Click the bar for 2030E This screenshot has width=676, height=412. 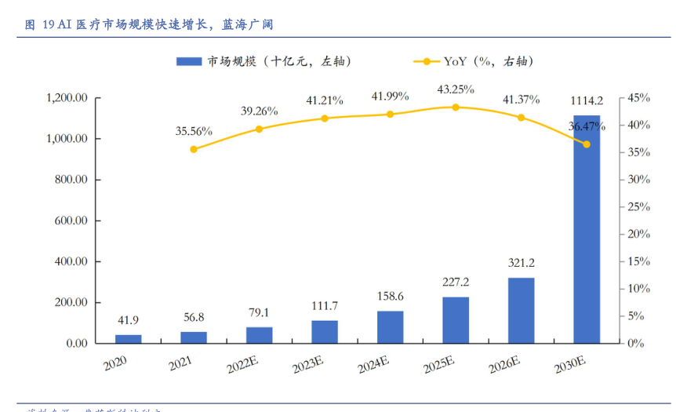(x=587, y=229)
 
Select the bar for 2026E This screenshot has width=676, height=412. (x=521, y=310)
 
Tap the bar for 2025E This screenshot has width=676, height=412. (x=456, y=319)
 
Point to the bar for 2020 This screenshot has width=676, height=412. (x=129, y=338)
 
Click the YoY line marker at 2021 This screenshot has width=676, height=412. (x=194, y=149)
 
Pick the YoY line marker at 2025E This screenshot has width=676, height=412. (x=456, y=107)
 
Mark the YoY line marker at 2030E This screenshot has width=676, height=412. (x=587, y=144)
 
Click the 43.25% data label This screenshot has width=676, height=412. (x=456, y=89)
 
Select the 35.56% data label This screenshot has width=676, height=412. (x=194, y=131)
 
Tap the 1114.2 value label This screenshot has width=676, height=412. (x=587, y=100)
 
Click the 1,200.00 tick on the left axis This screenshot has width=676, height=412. (x=66, y=98)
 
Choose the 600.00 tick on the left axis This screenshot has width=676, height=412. (x=71, y=221)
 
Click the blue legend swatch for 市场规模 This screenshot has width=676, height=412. (x=190, y=61)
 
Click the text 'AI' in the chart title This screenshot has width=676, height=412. (x=66, y=24)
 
